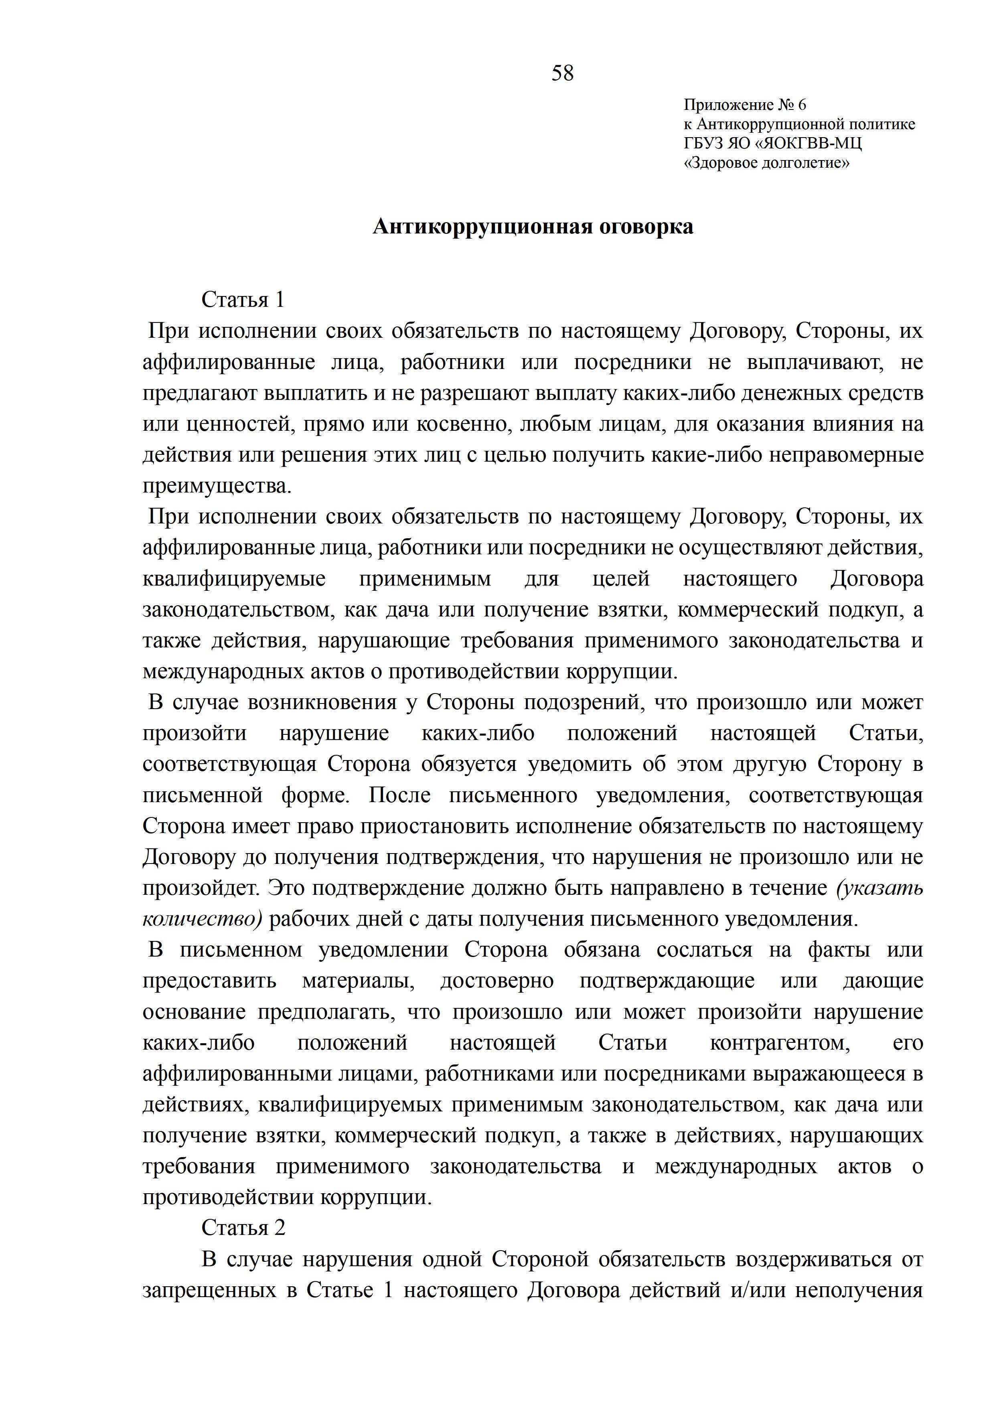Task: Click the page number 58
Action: point(562,73)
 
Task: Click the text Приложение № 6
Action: point(745,105)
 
